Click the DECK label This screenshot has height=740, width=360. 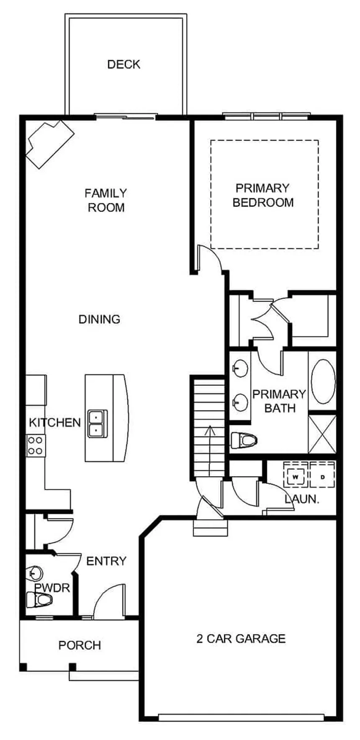point(123,64)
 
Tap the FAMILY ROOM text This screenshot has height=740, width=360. point(106,200)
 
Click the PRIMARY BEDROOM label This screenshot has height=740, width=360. point(263,195)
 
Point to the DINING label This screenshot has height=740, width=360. point(100,320)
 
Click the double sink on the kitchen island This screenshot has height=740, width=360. point(97,423)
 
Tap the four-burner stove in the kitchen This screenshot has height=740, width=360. point(36,446)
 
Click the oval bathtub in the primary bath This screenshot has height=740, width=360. point(323,381)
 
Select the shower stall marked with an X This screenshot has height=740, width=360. point(322,433)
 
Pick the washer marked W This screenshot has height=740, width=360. point(296,477)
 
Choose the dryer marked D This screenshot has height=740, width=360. point(322,477)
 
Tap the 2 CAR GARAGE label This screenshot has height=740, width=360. point(241,639)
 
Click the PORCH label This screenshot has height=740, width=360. point(80,645)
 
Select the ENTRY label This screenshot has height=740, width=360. point(106,561)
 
